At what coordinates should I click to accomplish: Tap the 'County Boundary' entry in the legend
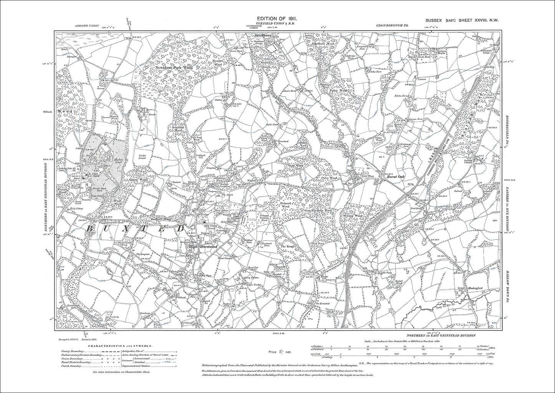[69, 351]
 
